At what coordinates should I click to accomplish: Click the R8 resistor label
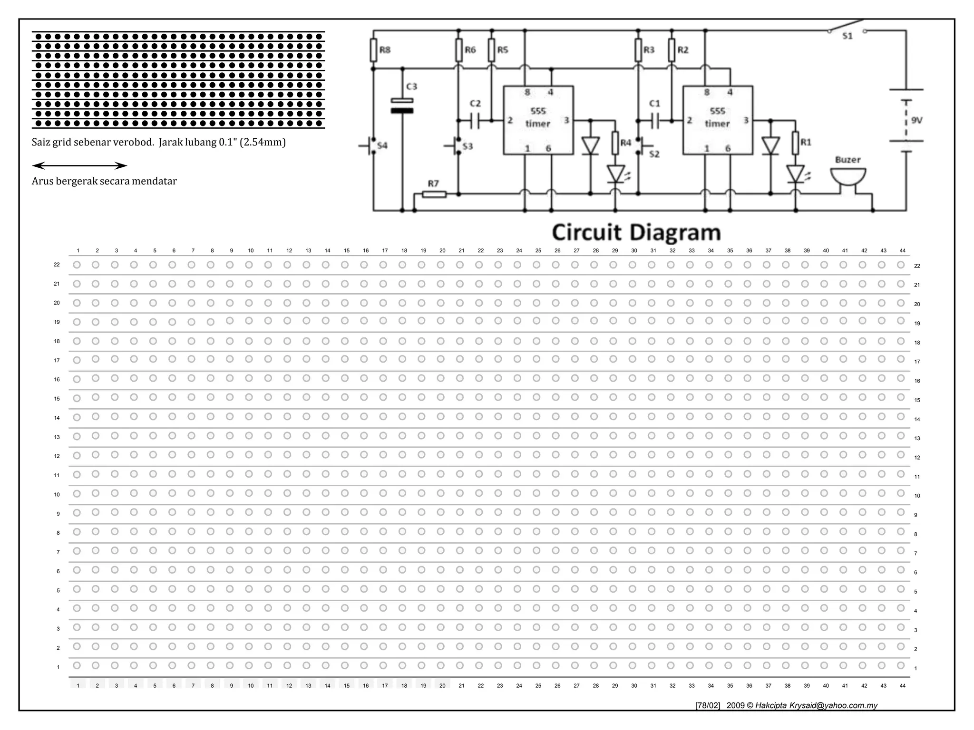click(x=385, y=50)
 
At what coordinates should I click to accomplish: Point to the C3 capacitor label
click(x=411, y=86)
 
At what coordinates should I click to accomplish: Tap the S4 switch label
click(x=382, y=145)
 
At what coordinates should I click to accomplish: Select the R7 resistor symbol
click(x=434, y=194)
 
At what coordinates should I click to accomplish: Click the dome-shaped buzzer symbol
click(x=848, y=177)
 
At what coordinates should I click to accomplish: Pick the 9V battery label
click(x=916, y=121)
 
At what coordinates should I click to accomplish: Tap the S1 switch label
click(x=847, y=36)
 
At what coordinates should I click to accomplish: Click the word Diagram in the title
click(x=675, y=233)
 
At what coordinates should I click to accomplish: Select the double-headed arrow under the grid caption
click(x=79, y=166)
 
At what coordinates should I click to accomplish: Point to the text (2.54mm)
click(x=263, y=142)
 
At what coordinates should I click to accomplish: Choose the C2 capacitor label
click(x=475, y=103)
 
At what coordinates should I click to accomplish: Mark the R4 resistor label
click(x=626, y=143)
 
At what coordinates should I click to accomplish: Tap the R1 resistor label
click(x=806, y=142)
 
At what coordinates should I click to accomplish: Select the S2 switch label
click(x=654, y=154)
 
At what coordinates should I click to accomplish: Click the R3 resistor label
click(x=649, y=50)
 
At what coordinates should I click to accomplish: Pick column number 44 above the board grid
click(x=902, y=250)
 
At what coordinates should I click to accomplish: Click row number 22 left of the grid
click(x=57, y=265)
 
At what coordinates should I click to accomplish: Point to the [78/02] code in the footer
click(x=708, y=705)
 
